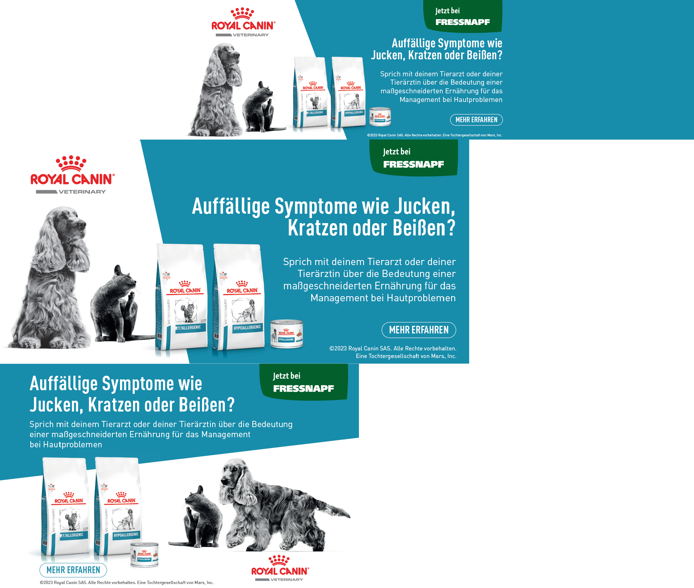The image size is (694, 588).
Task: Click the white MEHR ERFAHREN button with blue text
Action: tap(73, 570)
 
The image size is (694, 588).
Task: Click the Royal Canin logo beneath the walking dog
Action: tap(280, 568)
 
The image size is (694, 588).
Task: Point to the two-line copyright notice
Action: tap(393, 352)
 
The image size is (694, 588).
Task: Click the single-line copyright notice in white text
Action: tap(434, 135)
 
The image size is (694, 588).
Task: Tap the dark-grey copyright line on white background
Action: tap(127, 583)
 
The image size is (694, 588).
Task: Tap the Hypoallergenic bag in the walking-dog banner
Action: tap(118, 506)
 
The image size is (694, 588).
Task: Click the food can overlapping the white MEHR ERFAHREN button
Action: tap(145, 555)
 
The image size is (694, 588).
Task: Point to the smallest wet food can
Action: tap(380, 116)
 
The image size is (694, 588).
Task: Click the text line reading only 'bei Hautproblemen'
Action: tap(66, 444)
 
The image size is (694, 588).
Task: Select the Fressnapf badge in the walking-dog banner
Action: tap(304, 382)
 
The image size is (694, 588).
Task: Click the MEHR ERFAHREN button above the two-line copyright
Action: tap(419, 330)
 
